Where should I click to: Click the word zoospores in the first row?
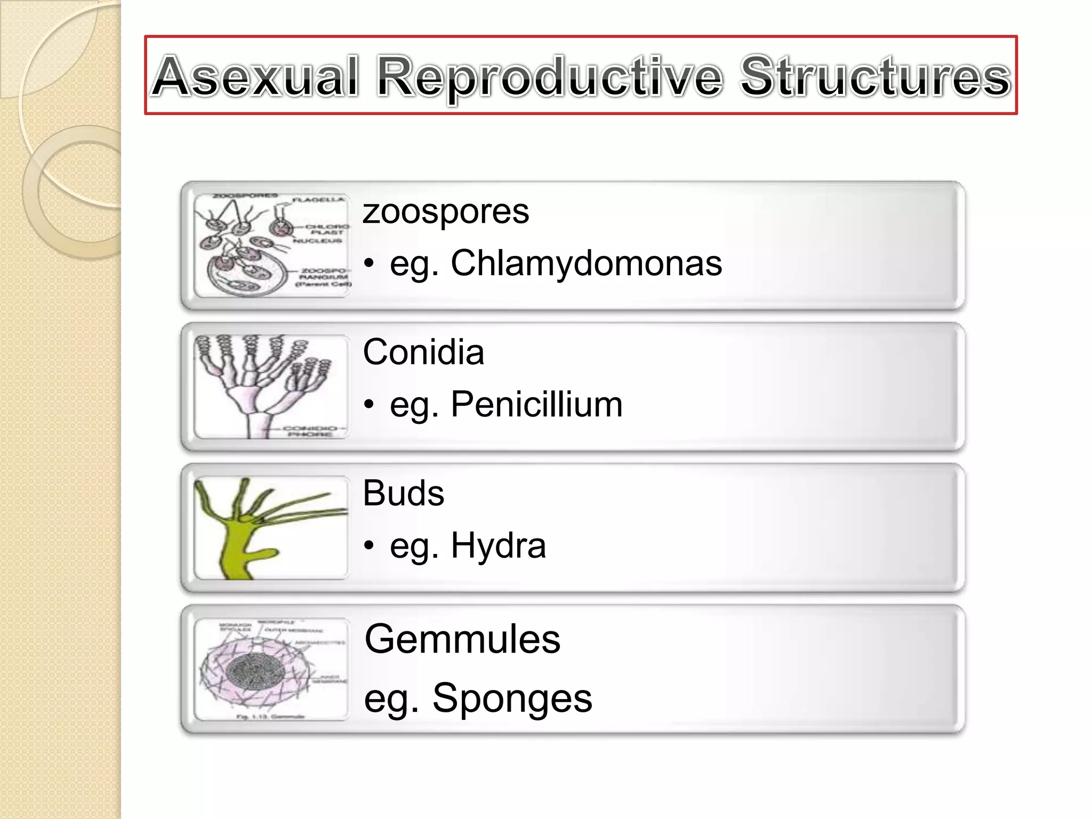point(446,211)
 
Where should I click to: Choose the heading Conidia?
point(423,352)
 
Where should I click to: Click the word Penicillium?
point(536,404)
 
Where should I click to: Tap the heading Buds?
point(403,493)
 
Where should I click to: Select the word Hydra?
point(498,545)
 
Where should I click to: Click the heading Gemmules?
point(462,639)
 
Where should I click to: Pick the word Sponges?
point(511,697)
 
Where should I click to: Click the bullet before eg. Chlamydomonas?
point(369,264)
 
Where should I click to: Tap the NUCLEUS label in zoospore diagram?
point(317,241)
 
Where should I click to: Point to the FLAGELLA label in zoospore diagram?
point(318,200)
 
